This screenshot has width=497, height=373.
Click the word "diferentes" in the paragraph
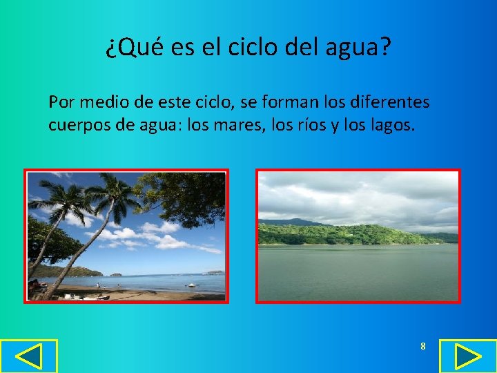click(x=393, y=103)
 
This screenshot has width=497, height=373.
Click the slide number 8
click(x=423, y=346)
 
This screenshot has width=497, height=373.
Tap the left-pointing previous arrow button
click(x=28, y=356)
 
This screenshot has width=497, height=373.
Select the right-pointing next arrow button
click(x=468, y=356)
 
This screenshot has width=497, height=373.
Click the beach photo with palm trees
click(x=126, y=236)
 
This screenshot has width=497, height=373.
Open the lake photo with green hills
click(x=358, y=236)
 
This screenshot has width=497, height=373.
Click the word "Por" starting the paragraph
click(x=61, y=103)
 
